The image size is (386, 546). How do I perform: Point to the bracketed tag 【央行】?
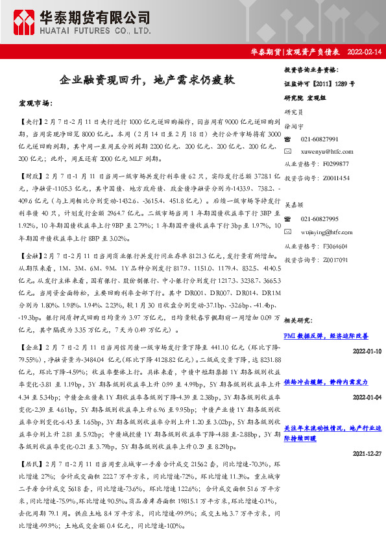pos(29,122)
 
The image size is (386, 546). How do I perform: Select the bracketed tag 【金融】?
pos(29,239)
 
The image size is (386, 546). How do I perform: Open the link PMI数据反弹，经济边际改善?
pos(326,336)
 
